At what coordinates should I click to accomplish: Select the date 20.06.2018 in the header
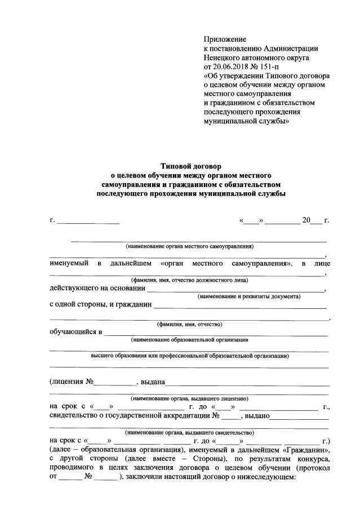pos(234,66)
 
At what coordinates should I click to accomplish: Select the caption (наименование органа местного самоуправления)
pos(190,246)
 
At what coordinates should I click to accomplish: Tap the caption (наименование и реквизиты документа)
pos(248,296)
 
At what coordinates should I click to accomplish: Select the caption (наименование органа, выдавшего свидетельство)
pos(190,432)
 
